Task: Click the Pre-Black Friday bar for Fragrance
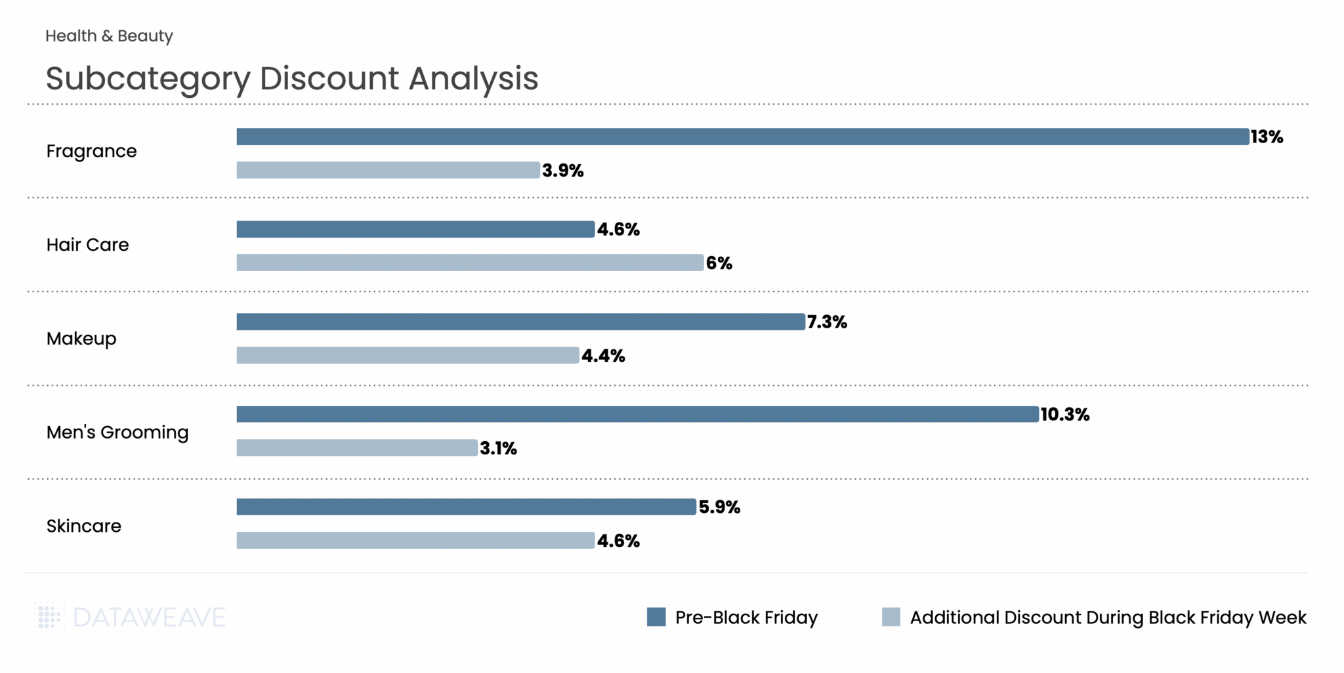point(742,137)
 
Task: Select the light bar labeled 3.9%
point(388,170)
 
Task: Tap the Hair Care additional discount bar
point(470,263)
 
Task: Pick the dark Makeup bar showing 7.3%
point(520,322)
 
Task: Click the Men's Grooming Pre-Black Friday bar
point(637,414)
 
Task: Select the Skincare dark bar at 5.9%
point(466,507)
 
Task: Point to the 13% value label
point(1267,137)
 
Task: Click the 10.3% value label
point(1064,414)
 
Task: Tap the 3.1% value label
point(498,448)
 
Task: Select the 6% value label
point(719,263)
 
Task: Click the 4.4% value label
point(603,356)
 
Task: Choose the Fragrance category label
point(91,152)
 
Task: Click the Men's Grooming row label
point(117,433)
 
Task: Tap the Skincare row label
point(84,527)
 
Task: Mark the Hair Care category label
point(87,245)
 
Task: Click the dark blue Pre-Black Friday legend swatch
point(656,617)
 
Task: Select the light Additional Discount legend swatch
point(891,617)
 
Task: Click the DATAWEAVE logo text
point(149,618)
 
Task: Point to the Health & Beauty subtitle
point(109,36)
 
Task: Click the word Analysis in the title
point(473,79)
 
